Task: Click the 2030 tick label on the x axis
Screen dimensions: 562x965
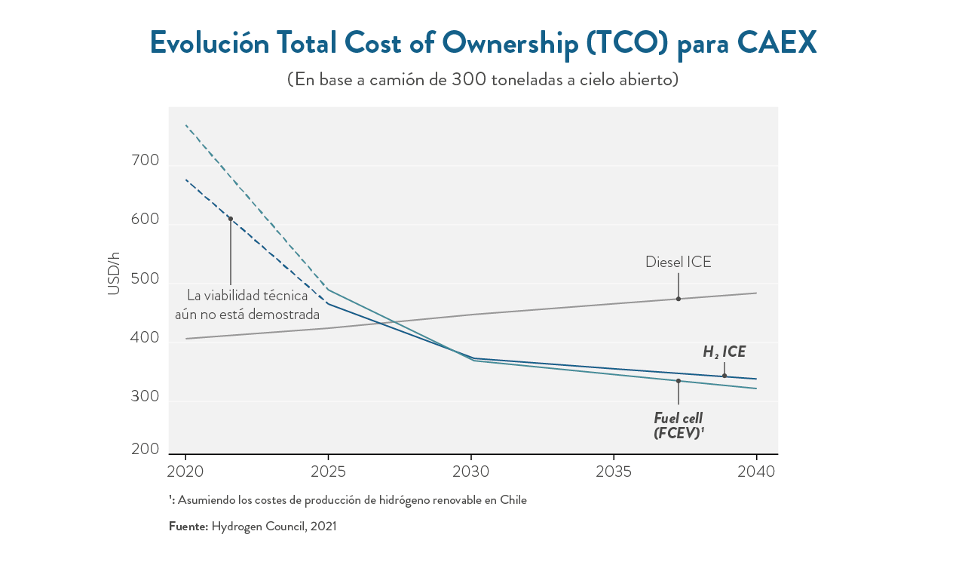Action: click(471, 472)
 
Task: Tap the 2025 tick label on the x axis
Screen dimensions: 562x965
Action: click(328, 472)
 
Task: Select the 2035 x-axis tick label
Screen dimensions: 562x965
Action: click(614, 472)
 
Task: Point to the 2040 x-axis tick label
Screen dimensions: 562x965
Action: click(756, 472)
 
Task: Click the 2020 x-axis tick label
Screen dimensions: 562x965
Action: click(185, 472)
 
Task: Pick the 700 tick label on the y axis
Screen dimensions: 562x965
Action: click(145, 161)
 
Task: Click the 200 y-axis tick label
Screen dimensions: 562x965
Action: click(145, 450)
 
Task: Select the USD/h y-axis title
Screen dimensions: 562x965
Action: click(114, 274)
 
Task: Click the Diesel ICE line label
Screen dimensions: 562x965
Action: click(678, 263)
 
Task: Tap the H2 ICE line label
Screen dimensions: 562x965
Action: click(724, 352)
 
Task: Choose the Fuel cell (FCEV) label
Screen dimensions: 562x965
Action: click(679, 425)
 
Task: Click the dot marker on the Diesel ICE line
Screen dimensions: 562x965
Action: click(678, 299)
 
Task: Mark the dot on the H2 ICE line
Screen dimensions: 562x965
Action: click(725, 376)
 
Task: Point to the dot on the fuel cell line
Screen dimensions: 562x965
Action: click(678, 381)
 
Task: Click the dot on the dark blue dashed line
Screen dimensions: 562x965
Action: click(231, 219)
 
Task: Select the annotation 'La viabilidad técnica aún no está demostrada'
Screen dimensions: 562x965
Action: click(247, 305)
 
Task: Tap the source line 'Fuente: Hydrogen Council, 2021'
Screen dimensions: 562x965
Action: click(253, 527)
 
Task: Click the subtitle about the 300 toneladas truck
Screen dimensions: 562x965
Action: click(482, 79)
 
